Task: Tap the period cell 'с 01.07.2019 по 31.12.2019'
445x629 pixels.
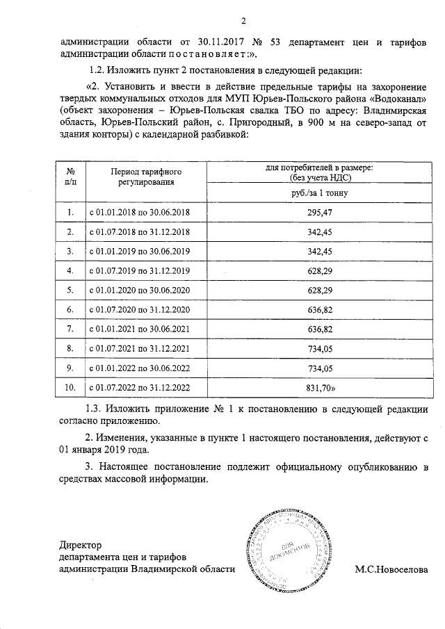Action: (139, 270)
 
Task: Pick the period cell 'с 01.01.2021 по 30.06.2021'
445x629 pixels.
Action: (139, 329)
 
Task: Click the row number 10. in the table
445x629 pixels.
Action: (70, 387)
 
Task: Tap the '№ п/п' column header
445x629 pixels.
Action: (70, 177)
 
